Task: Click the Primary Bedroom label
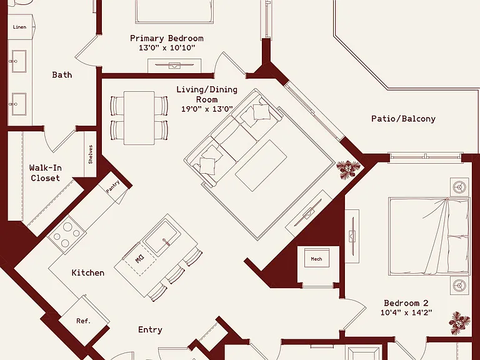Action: (x=166, y=39)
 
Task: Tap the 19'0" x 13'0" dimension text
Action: (x=207, y=109)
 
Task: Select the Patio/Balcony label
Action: (x=403, y=119)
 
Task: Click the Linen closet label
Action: (x=19, y=27)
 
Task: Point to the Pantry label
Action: (x=112, y=186)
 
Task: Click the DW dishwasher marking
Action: (x=139, y=259)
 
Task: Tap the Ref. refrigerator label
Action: (x=83, y=321)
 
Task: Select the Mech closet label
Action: (x=316, y=259)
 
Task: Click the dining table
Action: (x=139, y=118)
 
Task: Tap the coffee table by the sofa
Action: (x=261, y=166)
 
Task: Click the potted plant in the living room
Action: (x=348, y=169)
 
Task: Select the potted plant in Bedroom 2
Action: (x=459, y=323)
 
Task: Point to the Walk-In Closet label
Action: (x=45, y=173)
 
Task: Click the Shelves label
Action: (x=90, y=154)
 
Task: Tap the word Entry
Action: (x=150, y=330)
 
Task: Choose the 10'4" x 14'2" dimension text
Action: (x=406, y=313)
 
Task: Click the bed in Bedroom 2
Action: (x=429, y=236)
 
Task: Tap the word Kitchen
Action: (x=88, y=272)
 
